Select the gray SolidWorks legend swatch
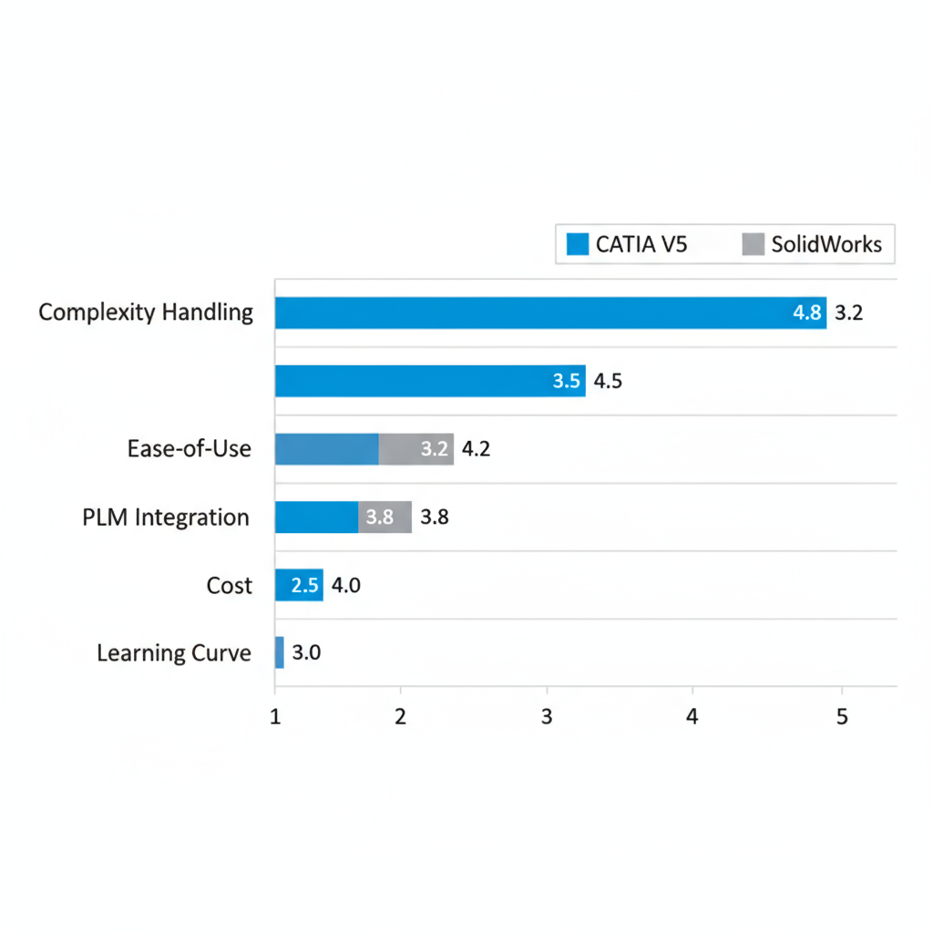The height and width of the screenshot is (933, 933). click(x=753, y=244)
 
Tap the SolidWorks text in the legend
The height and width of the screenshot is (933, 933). click(x=826, y=244)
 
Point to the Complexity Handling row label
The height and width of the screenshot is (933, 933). click(x=146, y=313)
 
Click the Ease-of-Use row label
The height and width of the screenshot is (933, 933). click(x=190, y=448)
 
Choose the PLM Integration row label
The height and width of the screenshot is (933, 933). click(x=165, y=518)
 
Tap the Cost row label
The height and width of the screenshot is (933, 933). click(x=229, y=585)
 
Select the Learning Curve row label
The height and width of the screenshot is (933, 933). click(x=173, y=653)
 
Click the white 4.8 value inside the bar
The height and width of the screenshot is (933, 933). click(x=807, y=313)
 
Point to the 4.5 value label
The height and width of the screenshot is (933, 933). click(x=608, y=382)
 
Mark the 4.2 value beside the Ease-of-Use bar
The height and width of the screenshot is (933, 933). click(x=477, y=449)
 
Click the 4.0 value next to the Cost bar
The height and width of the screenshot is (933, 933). click(x=345, y=586)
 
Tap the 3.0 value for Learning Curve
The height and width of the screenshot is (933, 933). click(x=305, y=653)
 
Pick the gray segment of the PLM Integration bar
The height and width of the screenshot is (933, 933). click(x=384, y=518)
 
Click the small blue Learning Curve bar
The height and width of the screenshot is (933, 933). click(x=280, y=652)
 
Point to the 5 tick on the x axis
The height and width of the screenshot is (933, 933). click(x=841, y=717)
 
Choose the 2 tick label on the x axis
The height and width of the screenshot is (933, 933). click(x=400, y=717)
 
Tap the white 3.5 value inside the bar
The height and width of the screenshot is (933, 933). click(x=567, y=382)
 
